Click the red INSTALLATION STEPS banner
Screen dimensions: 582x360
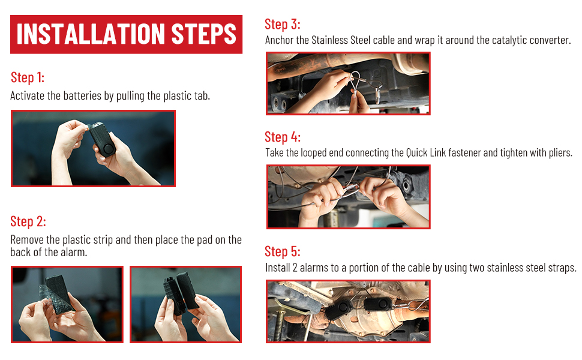pyautogui.click(x=126, y=34)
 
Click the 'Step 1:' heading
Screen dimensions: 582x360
pyautogui.click(x=28, y=77)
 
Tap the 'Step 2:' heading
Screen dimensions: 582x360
pyautogui.click(x=28, y=221)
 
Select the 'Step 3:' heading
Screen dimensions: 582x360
pyautogui.click(x=283, y=24)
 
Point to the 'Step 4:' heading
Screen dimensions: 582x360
pyautogui.click(x=283, y=137)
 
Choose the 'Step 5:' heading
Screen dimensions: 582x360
pyautogui.click(x=283, y=251)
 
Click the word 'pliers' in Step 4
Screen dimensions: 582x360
pyautogui.click(x=560, y=153)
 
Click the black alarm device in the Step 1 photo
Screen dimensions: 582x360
pyautogui.click(x=103, y=140)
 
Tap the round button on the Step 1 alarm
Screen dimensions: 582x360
pyautogui.click(x=109, y=149)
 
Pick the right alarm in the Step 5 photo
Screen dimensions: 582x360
pyautogui.click(x=377, y=304)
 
